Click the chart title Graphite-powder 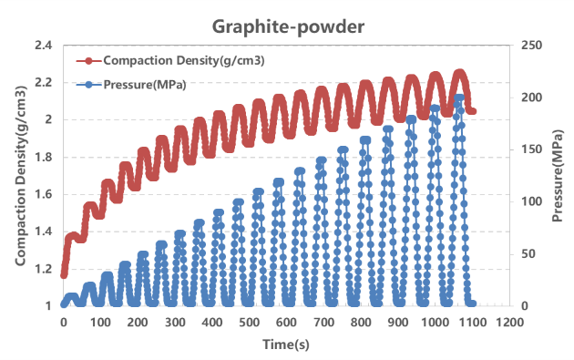(288, 26)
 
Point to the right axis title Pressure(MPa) (557, 175)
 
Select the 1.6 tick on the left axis (44, 194)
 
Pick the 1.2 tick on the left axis (44, 269)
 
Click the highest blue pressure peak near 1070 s (459, 98)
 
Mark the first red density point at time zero (64, 274)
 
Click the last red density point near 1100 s (472, 111)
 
